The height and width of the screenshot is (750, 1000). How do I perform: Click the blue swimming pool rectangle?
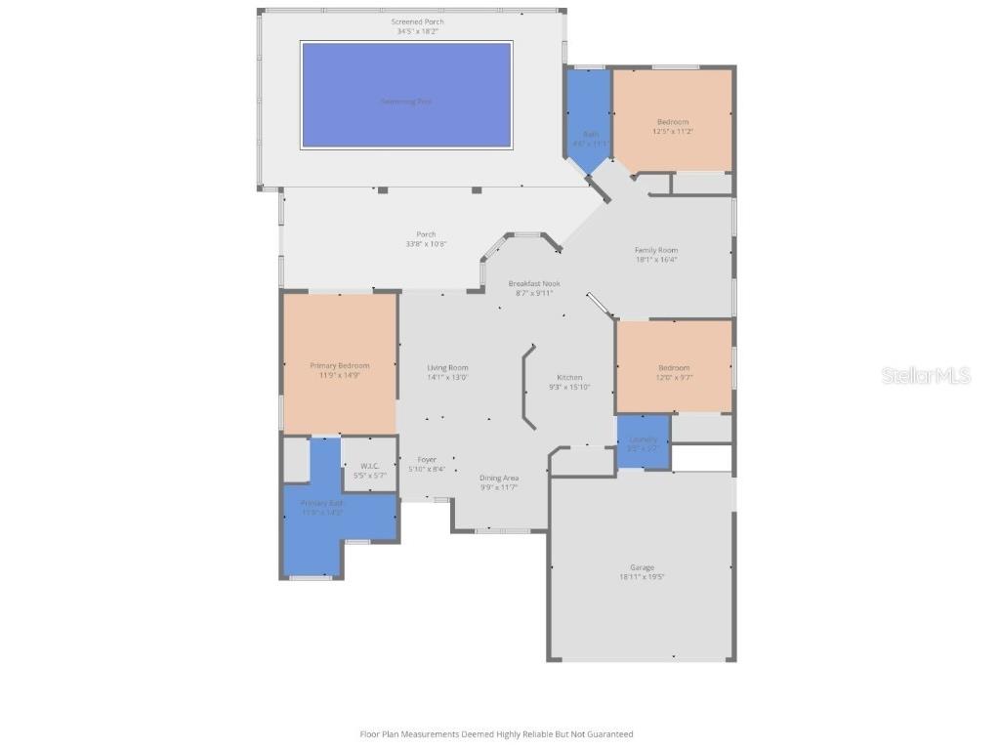[x=406, y=95]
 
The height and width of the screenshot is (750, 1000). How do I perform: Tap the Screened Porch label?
[x=417, y=21]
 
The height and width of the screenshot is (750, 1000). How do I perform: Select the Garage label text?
[x=642, y=567]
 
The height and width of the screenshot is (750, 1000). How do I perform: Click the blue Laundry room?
[x=644, y=440]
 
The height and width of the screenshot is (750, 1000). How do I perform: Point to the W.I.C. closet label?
[x=369, y=466]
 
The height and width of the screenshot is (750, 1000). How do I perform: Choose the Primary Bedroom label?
[x=340, y=365]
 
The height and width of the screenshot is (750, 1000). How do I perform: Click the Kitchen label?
[x=569, y=377]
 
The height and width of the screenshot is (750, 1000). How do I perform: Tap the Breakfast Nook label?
[x=534, y=283]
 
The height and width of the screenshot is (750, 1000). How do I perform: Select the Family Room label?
[x=656, y=250]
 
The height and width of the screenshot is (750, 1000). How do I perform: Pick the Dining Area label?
[x=498, y=478]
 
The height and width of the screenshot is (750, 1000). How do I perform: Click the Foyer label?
[x=427, y=459]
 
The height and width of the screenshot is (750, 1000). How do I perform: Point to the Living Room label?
[x=447, y=368]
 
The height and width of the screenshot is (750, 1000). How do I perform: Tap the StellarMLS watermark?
[x=926, y=375]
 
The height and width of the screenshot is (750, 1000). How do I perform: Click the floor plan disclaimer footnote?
[x=496, y=733]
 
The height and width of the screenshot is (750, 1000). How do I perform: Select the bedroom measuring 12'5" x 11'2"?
[x=672, y=121]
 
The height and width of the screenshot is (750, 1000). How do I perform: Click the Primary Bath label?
[x=322, y=503]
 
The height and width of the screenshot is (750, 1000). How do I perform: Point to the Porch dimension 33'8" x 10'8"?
[x=426, y=244]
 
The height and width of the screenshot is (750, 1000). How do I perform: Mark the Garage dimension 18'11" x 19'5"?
[x=642, y=577]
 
